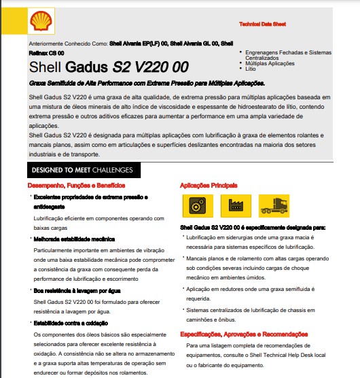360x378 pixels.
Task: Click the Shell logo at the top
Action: pyautogui.click(x=39, y=22)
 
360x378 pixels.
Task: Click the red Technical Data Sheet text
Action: pyautogui.click(x=262, y=23)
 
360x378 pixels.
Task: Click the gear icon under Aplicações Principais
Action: pyautogui.click(x=192, y=204)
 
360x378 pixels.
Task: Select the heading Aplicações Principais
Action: pyautogui.click(x=209, y=185)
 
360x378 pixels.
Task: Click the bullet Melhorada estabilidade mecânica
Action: pyautogui.click(x=74, y=239)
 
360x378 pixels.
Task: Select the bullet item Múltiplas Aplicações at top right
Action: pyautogui.click(x=270, y=64)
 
